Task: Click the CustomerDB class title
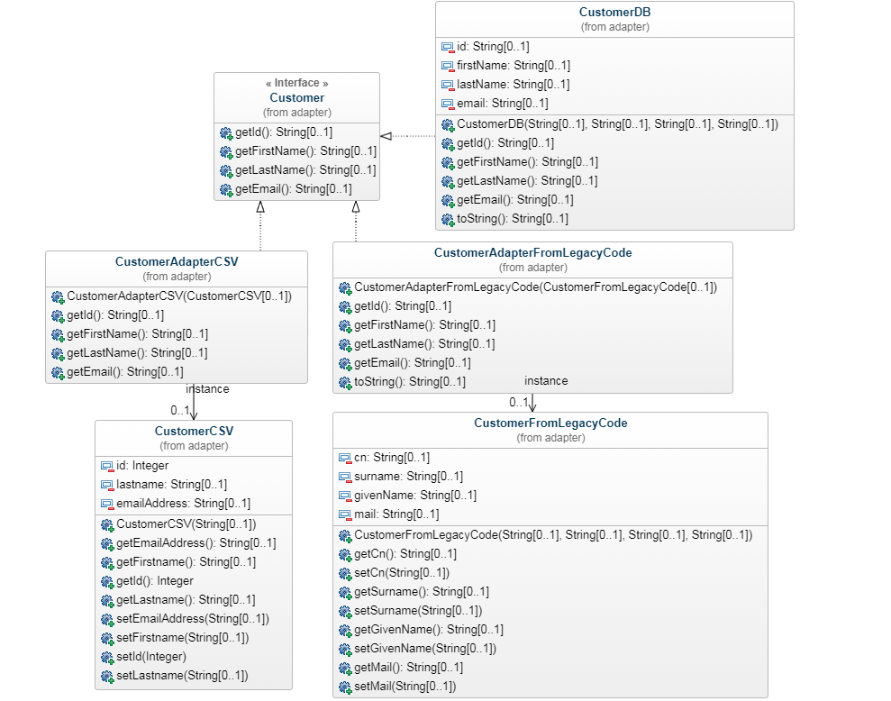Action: (x=614, y=13)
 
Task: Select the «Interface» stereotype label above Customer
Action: (x=296, y=83)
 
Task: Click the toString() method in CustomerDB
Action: (x=513, y=219)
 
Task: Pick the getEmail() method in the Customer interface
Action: (x=293, y=189)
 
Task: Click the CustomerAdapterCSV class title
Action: (x=177, y=262)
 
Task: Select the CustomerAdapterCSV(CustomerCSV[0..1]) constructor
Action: (x=179, y=296)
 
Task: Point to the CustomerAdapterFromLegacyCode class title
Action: (x=532, y=253)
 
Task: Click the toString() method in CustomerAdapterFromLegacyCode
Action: (x=410, y=382)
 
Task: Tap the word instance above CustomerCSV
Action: (x=207, y=389)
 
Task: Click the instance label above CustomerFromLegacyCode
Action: (x=546, y=381)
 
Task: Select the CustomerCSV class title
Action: (x=194, y=432)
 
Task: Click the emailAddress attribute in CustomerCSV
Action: (x=184, y=504)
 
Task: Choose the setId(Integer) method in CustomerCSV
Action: (x=150, y=657)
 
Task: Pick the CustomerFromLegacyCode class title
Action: (x=550, y=423)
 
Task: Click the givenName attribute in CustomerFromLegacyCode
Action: (x=415, y=496)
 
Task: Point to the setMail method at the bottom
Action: (x=405, y=687)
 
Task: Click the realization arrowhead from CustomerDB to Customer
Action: (x=386, y=136)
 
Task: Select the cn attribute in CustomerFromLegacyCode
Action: (x=392, y=458)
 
